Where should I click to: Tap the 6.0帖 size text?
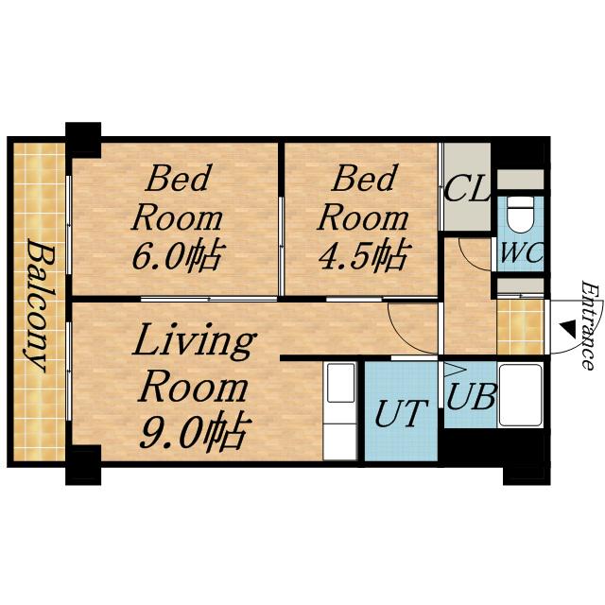(x=178, y=255)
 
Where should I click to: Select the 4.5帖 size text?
(x=363, y=255)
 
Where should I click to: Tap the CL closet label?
(x=466, y=188)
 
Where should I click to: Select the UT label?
(x=401, y=413)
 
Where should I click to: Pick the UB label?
(x=471, y=396)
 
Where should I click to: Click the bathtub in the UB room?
(x=521, y=395)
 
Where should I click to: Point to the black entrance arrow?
(x=567, y=327)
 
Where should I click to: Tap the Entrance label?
(x=590, y=325)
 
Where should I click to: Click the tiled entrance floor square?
(x=520, y=327)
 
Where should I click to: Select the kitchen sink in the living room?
(x=340, y=382)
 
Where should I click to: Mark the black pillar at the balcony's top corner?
(x=83, y=140)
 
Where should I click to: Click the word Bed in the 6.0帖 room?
(x=178, y=178)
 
